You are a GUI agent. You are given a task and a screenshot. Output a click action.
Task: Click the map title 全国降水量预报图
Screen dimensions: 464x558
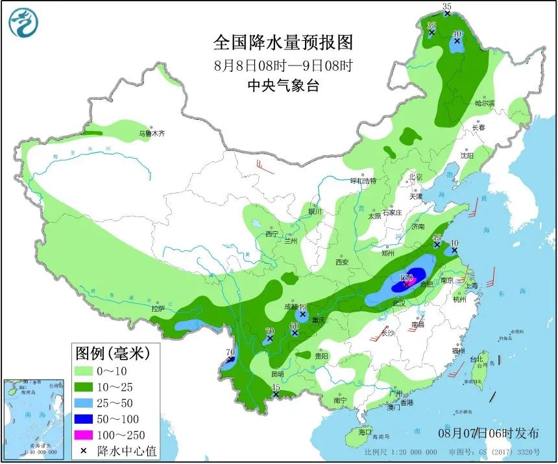point(284,43)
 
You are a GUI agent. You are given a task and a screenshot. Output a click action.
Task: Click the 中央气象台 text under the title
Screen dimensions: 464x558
point(284,86)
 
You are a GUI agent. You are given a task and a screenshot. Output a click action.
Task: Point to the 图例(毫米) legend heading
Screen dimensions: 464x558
point(112,353)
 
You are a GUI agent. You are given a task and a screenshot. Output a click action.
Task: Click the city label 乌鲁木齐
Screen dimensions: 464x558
point(152,133)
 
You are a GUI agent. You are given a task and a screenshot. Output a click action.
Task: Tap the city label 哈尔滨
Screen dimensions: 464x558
point(484,103)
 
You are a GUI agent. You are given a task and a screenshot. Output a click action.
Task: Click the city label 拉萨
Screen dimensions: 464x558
point(158,309)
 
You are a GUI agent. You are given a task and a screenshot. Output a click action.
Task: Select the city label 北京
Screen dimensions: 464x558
point(415,177)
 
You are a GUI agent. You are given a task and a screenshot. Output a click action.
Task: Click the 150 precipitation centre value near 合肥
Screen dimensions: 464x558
point(407,277)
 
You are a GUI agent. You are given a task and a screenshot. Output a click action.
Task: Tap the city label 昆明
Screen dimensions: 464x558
point(277,374)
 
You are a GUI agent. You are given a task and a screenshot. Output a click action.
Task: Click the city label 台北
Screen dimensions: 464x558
point(476,360)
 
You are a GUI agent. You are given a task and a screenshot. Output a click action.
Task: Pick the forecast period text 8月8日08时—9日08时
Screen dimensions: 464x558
point(284,65)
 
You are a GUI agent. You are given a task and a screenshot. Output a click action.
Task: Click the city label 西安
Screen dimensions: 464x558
point(342,262)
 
